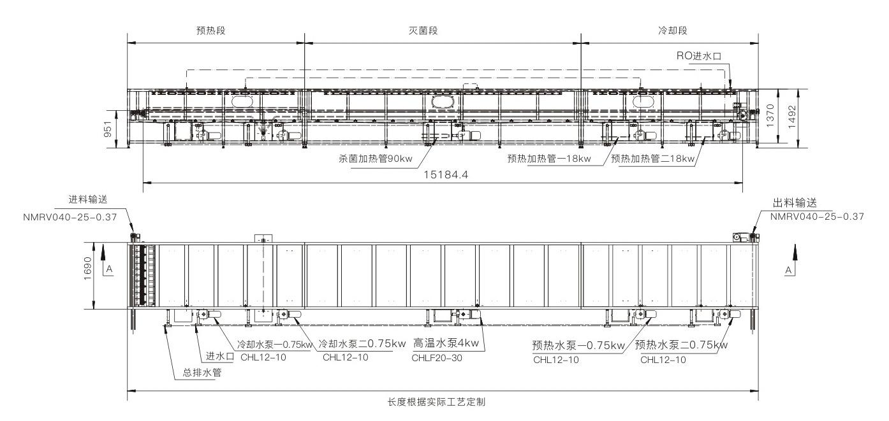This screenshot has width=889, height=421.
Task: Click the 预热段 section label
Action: pyautogui.click(x=212, y=31)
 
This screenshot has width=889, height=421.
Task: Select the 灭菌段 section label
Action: pyautogui.click(x=443, y=31)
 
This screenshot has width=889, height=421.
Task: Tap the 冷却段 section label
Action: pyautogui.click(x=671, y=31)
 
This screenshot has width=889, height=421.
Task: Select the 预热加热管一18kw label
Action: pyautogui.click(x=549, y=159)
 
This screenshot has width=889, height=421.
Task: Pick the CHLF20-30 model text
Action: pyautogui.click(x=437, y=358)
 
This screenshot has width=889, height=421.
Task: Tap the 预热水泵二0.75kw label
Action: pyautogui.click(x=681, y=345)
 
